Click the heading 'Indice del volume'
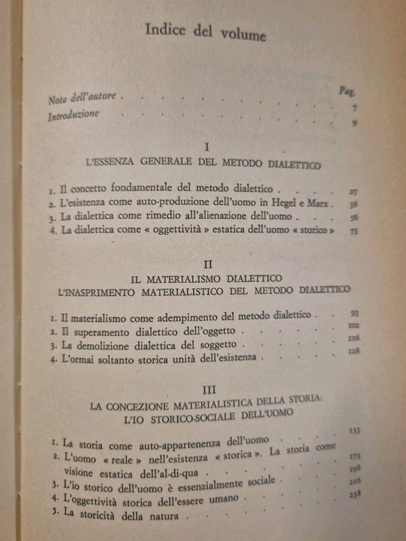205,32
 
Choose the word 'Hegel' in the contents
286,204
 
